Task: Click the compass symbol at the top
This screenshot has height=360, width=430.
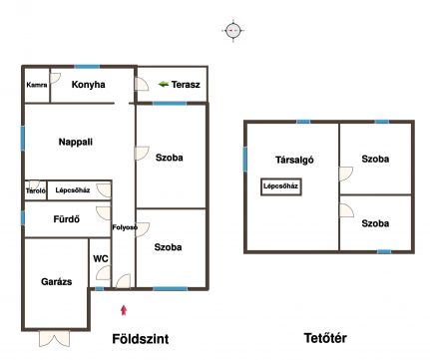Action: click(233, 31)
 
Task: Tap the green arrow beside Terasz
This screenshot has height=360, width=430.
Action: click(164, 84)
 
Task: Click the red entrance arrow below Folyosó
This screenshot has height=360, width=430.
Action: click(124, 310)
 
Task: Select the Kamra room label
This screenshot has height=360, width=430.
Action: click(37, 85)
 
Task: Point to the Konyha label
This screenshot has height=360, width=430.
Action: click(88, 85)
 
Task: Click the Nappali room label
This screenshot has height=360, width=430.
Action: click(76, 142)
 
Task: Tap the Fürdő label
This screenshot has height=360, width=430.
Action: click(67, 219)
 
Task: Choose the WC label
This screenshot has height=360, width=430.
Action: click(101, 258)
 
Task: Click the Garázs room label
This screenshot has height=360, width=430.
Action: click(56, 282)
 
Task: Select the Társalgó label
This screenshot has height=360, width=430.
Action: click(294, 160)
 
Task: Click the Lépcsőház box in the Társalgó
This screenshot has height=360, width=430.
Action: click(281, 186)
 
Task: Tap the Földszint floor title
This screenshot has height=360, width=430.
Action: click(141, 339)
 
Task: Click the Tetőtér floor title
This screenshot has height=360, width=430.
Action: click(325, 338)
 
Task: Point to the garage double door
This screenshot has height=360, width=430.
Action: click(55, 338)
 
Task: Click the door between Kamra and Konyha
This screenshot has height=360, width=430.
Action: click(55, 79)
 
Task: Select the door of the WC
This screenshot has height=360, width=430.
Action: click(103, 273)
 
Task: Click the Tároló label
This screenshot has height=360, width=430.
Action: click(36, 190)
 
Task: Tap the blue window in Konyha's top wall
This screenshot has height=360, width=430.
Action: click(87, 67)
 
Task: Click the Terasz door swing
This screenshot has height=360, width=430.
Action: click(142, 84)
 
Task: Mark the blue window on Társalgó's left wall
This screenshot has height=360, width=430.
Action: click(245, 160)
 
